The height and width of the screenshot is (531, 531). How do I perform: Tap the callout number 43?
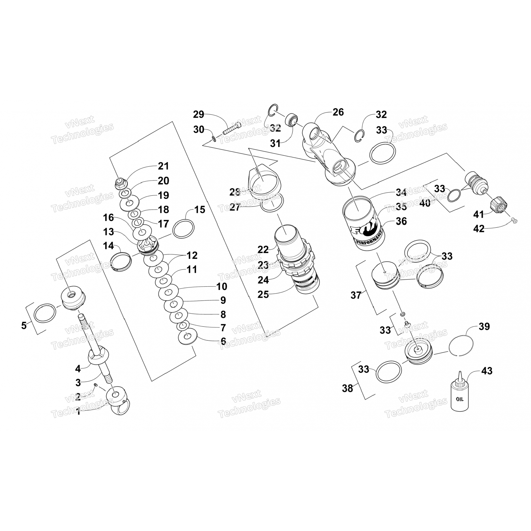click(x=486, y=371)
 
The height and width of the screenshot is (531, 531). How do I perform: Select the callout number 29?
click(x=199, y=114)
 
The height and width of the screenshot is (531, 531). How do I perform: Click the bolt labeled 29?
click(x=232, y=128)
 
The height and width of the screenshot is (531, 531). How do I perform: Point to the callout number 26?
click(x=338, y=112)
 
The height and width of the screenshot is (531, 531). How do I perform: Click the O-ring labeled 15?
click(x=183, y=229)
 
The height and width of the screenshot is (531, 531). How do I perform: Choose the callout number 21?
click(x=163, y=166)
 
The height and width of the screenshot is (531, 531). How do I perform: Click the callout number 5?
click(x=24, y=325)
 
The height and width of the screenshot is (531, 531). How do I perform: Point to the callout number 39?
click(x=484, y=326)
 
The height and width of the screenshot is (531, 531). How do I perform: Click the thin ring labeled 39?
click(x=461, y=344)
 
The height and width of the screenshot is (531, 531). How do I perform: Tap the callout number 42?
click(x=479, y=229)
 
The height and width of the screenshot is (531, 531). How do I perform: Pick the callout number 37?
click(x=356, y=295)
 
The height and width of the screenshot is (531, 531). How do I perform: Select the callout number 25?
click(x=263, y=294)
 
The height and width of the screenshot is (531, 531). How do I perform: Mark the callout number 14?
click(x=108, y=245)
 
